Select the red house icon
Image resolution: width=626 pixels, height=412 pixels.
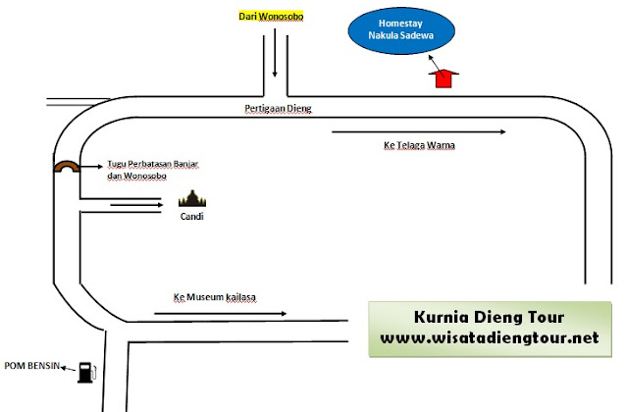[446, 78]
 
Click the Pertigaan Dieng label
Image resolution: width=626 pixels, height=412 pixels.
[277, 108]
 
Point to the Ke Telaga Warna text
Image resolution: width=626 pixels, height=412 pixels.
[419, 146]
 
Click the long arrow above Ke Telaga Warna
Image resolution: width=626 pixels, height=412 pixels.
[420, 130]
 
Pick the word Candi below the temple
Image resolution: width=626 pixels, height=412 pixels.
[192, 217]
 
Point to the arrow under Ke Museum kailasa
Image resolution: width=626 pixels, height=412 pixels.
[220, 314]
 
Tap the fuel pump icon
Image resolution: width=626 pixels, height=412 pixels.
[87, 371]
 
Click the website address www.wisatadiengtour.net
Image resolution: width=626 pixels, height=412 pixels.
[490, 338]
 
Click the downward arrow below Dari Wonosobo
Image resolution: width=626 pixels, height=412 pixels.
[275, 57]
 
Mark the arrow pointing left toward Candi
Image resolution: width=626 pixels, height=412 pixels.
[136, 204]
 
